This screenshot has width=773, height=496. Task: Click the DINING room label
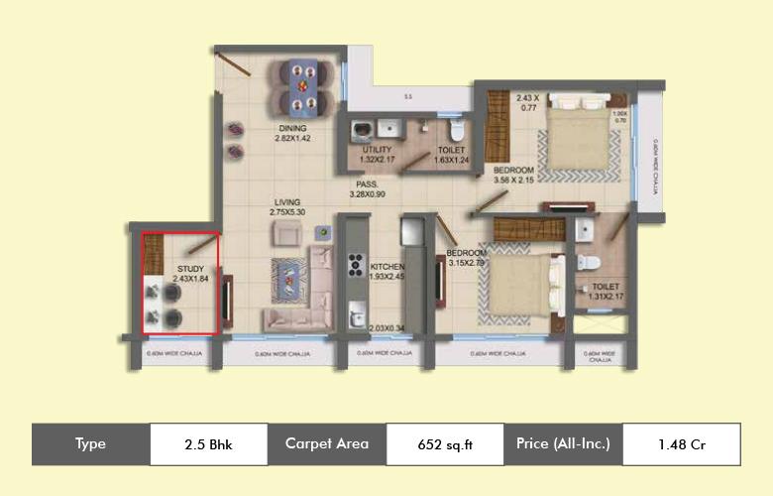click(291, 129)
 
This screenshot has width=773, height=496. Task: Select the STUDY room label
click(190, 269)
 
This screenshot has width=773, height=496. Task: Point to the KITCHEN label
click(386, 268)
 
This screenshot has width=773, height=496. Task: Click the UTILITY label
click(378, 150)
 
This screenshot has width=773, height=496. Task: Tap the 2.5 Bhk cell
click(208, 443)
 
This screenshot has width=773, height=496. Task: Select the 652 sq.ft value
click(445, 444)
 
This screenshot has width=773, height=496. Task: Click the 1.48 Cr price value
click(681, 444)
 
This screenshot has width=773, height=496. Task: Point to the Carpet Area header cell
click(326, 443)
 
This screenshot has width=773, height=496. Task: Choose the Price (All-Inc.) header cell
click(563, 443)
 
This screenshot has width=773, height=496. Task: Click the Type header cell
click(90, 443)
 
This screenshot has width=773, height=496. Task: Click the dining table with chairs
click(298, 86)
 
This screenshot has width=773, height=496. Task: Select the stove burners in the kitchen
click(354, 267)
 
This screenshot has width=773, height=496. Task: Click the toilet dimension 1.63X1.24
click(453, 160)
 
